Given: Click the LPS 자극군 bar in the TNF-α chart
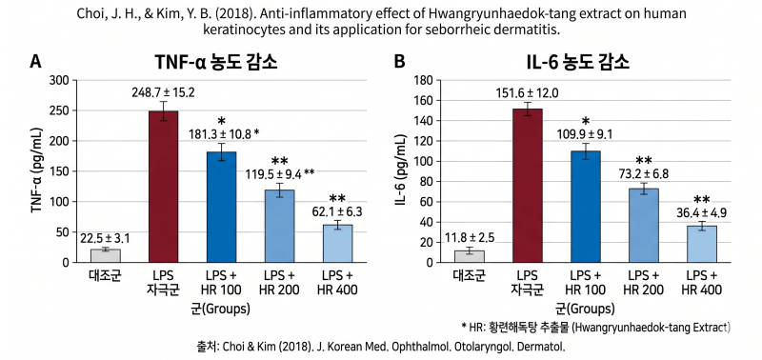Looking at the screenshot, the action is coord(163,187).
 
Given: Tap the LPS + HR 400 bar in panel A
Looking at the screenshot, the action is coord(338,244).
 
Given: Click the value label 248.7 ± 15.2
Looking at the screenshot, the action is coord(163,91).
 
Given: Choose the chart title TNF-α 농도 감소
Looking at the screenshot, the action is coord(216,62).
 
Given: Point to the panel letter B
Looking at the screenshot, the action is coord(399,62).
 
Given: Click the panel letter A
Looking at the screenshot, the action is coord(35,62).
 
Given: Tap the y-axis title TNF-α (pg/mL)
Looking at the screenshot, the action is coord(37,171).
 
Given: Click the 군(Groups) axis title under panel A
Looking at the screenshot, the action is coord(220,308).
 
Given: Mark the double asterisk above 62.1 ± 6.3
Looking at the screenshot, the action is coord(338,198).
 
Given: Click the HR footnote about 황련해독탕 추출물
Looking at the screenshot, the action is coord(596,328).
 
